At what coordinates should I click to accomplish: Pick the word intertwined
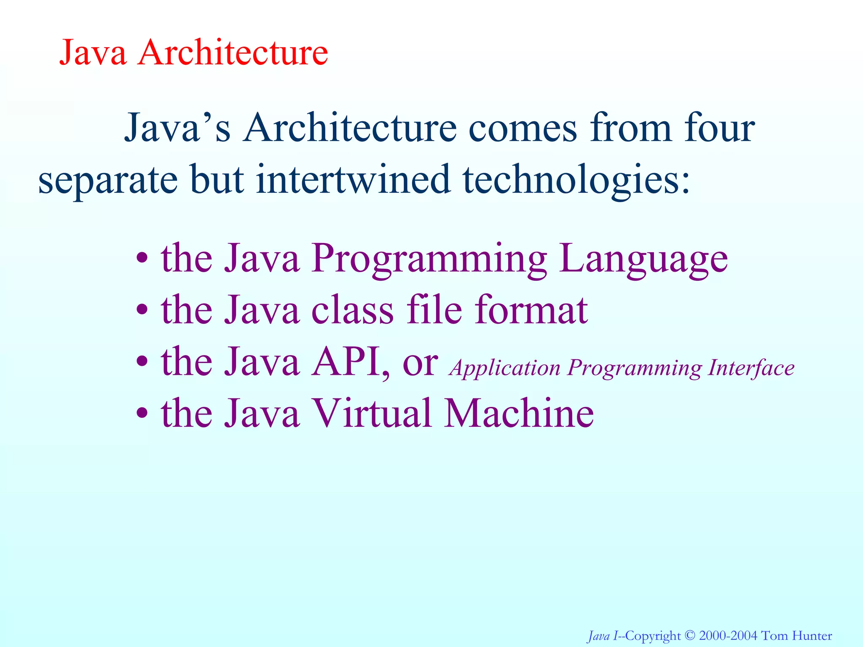[353, 179]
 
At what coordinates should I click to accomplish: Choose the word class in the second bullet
[352, 310]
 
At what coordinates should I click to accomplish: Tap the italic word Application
[505, 368]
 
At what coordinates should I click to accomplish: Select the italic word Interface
[751, 367]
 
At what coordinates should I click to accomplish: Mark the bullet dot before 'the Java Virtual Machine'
[142, 413]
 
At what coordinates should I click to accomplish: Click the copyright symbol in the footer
[690, 635]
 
